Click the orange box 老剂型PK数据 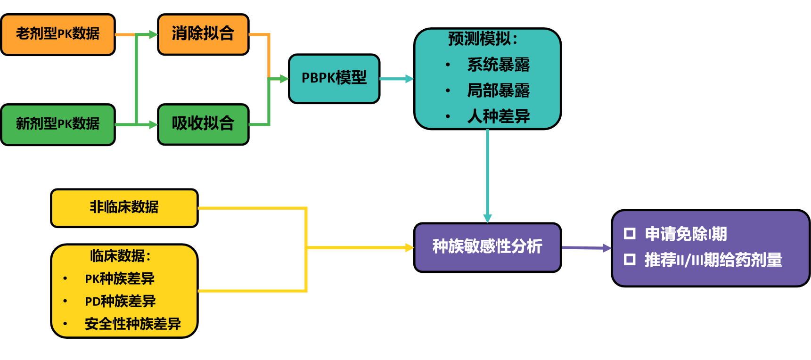[x=57, y=34]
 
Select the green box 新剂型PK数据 [x=57, y=124]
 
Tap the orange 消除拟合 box [x=203, y=34]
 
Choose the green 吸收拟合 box [x=203, y=124]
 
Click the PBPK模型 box [x=334, y=79]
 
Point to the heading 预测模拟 [x=482, y=39]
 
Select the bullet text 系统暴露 [x=498, y=65]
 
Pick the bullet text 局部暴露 [x=498, y=90]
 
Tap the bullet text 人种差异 [x=498, y=116]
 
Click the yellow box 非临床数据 [x=124, y=208]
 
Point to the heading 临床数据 [x=120, y=256]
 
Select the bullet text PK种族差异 [x=120, y=279]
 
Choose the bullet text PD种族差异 [x=120, y=302]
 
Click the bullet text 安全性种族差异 [x=133, y=324]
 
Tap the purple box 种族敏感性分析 [x=487, y=247]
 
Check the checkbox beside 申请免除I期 [x=630, y=234]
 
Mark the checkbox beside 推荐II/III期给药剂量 [x=630, y=260]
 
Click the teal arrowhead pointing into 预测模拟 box [x=410, y=79]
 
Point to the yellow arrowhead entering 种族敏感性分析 [x=410, y=247]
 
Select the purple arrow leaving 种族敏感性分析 [x=586, y=248]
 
